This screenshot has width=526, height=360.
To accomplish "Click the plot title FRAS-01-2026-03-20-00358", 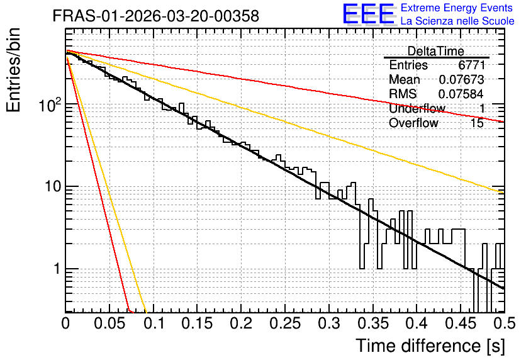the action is [x=156, y=16].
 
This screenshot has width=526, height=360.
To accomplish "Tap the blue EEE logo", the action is [x=369, y=14].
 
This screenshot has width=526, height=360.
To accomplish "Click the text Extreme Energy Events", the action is [x=457, y=8].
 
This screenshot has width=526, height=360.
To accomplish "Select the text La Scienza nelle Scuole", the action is [x=457, y=21].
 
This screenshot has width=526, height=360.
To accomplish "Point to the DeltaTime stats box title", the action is [x=435, y=51].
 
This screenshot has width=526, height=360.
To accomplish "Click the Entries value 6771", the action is [x=471, y=65].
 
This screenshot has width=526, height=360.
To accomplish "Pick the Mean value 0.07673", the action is [x=461, y=79].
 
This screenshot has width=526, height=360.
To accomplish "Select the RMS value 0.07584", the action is [x=461, y=94].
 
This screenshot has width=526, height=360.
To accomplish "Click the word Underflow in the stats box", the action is [x=417, y=108].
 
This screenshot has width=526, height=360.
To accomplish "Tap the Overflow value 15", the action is [x=477, y=123].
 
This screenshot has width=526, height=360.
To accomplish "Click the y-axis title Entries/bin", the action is [x=13, y=70].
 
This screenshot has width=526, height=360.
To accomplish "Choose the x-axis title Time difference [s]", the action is [x=430, y=346].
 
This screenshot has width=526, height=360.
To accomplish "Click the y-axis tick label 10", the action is [x=53, y=186].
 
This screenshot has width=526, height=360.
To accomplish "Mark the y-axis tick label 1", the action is [x=57, y=269].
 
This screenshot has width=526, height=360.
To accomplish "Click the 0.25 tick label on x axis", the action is [x=285, y=323].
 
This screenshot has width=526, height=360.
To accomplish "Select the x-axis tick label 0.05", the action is [x=109, y=323].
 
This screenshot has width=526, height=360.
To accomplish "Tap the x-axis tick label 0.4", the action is [x=417, y=323].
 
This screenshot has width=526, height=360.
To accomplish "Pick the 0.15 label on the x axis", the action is [x=197, y=323].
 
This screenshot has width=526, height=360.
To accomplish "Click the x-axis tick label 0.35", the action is [x=372, y=323].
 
